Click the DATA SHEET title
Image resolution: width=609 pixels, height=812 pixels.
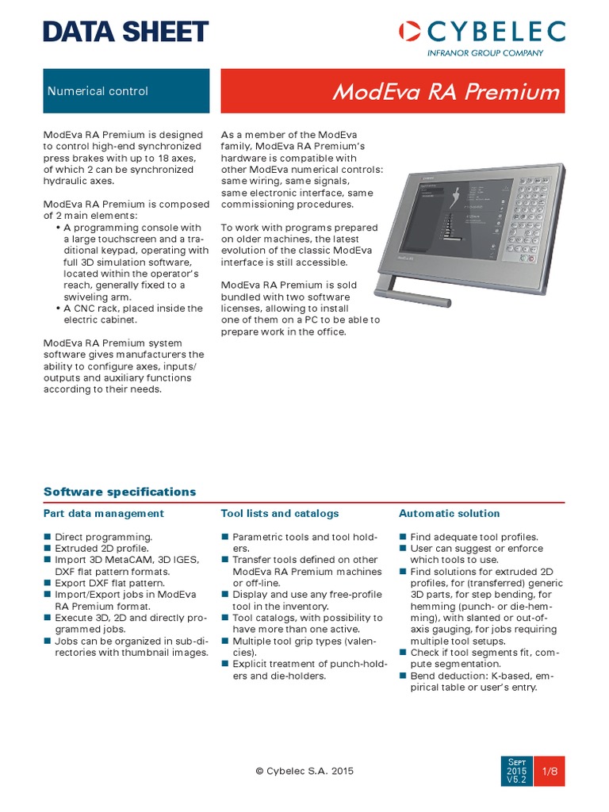pos(126,32)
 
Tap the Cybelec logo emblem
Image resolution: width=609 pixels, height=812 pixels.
pos(410,32)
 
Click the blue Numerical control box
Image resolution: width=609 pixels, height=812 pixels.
pos(126,90)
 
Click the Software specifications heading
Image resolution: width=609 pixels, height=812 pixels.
pos(119,492)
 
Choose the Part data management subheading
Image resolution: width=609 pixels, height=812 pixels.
pos(104,514)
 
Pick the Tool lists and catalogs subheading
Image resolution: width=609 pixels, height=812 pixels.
pos(279,514)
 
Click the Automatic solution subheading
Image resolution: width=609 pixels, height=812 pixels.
pos(449,514)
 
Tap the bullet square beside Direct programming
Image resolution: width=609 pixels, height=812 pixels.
pos(47,537)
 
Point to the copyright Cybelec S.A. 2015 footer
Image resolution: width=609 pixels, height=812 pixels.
pos(304,770)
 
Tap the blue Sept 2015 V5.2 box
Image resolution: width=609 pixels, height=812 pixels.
pos(516,771)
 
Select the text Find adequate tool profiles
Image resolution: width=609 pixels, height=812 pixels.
pos(473,537)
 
